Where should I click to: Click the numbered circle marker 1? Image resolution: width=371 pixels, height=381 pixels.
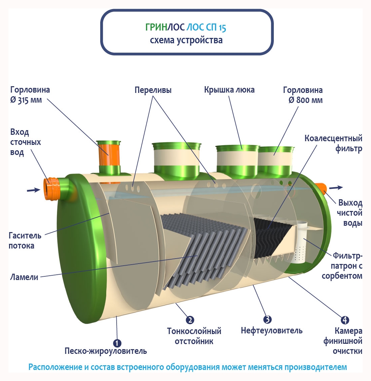(x=117, y=343)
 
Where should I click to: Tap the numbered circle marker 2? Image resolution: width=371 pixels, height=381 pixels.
(x=190, y=320)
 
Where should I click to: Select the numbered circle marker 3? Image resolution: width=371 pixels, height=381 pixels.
(x=267, y=319)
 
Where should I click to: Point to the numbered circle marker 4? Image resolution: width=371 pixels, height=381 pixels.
(x=345, y=320)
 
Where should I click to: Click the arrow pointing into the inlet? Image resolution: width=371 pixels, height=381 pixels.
(x=34, y=190)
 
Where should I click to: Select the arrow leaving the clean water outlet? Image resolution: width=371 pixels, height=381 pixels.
(x=336, y=187)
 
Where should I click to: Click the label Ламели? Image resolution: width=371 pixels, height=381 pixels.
(x=24, y=277)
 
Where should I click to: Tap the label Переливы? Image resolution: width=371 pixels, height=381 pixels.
(x=153, y=90)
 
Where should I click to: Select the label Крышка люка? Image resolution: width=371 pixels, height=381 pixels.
(x=229, y=90)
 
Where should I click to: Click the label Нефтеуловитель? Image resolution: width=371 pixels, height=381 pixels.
(x=271, y=331)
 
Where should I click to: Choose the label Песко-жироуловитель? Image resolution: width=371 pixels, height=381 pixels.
(x=106, y=351)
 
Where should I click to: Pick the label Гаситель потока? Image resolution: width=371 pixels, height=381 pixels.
(x=25, y=240)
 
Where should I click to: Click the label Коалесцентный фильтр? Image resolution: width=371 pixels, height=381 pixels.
(x=333, y=143)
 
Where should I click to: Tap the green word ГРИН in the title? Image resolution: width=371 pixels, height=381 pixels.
(x=156, y=28)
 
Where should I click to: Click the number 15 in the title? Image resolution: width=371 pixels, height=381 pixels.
(x=222, y=28)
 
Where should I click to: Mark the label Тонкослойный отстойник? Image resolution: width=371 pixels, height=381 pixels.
(x=194, y=336)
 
